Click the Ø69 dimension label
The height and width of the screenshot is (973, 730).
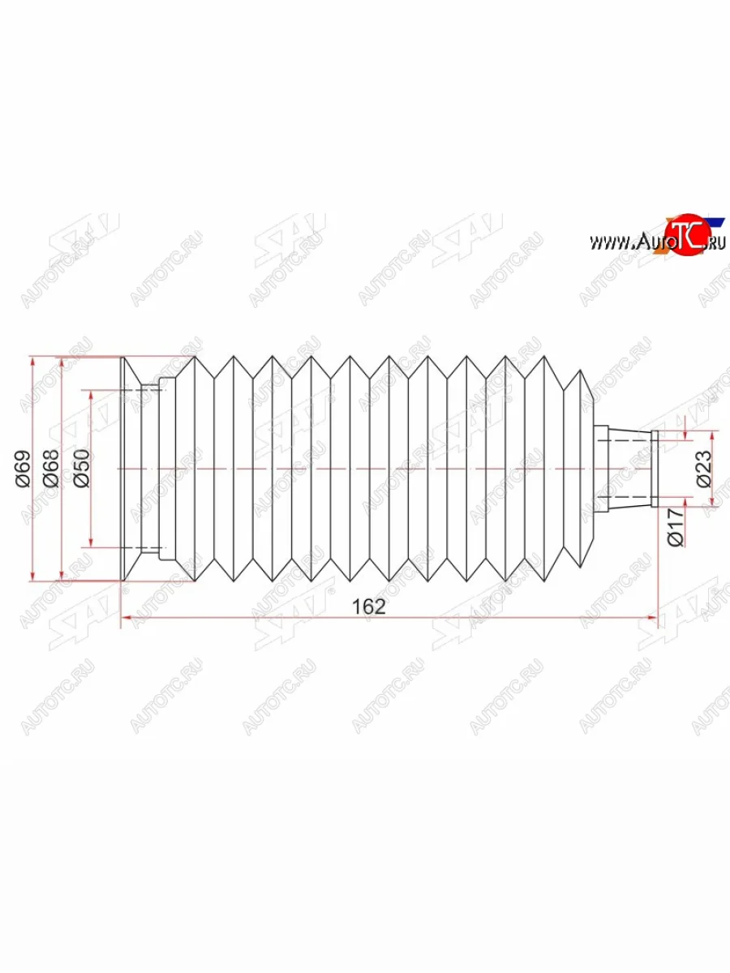point(24,469)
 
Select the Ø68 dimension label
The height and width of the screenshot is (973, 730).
point(51,469)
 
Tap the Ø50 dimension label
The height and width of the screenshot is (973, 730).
point(82,469)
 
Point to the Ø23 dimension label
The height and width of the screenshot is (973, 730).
point(703,469)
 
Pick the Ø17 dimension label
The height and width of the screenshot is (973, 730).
point(676,527)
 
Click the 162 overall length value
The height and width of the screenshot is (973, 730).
point(369,607)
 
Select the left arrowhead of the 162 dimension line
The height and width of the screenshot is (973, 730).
point(127,616)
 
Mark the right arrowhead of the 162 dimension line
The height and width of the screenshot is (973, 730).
point(652,616)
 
